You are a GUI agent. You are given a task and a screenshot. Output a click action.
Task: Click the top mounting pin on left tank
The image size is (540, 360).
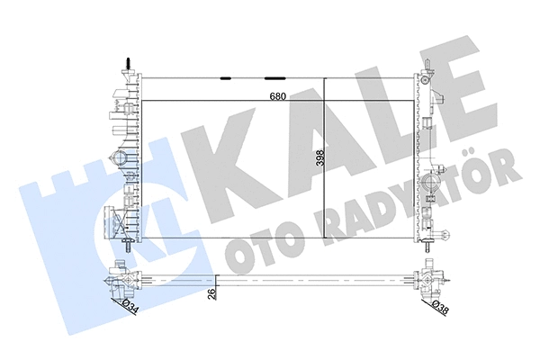[125, 66]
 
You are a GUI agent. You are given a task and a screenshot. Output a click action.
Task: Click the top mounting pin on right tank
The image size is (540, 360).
[429, 66]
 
